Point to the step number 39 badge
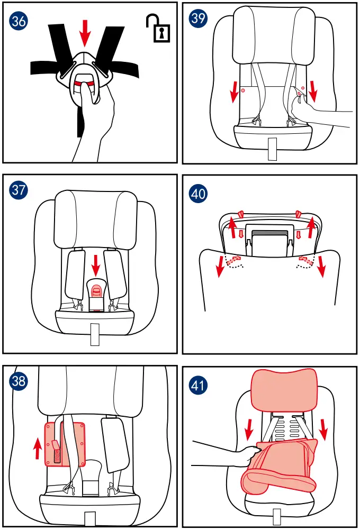198,19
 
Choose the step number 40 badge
198,194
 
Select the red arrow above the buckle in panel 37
96,261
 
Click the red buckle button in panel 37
97,289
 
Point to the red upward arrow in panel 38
37,447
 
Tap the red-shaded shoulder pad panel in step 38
65,443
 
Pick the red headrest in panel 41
284,389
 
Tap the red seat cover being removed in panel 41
281,465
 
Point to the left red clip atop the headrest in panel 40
240,213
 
